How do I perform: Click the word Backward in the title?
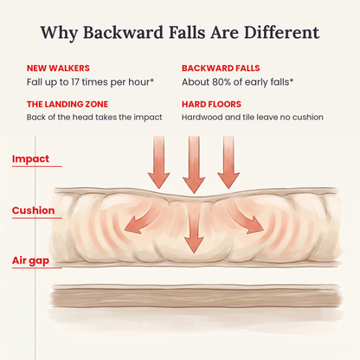(x=124, y=32)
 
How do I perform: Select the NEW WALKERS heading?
(x=58, y=68)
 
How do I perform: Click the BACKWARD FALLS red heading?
(x=221, y=68)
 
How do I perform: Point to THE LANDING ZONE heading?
(x=67, y=104)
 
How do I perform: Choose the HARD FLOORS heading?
(x=211, y=104)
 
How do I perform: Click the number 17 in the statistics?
(x=75, y=82)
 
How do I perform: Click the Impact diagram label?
(x=30, y=159)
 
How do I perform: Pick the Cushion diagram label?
(x=34, y=210)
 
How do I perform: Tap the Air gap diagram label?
(x=30, y=261)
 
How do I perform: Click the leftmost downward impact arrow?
(x=158, y=163)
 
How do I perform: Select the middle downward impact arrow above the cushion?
(x=194, y=164)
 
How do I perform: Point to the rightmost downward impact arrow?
(x=228, y=163)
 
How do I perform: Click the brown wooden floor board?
(x=196, y=297)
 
